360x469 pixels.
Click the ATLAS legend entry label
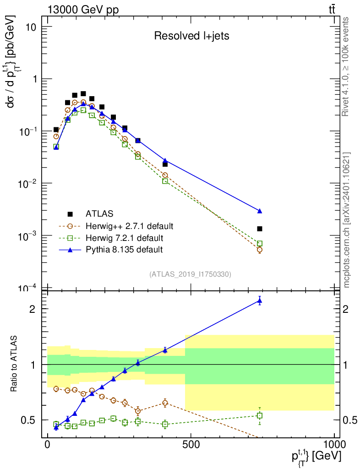[99, 214]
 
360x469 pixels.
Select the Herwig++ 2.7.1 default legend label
[130, 226]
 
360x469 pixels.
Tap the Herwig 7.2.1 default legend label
[125, 238]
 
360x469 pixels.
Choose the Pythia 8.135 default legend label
[124, 250]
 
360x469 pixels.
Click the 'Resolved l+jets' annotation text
[191, 36]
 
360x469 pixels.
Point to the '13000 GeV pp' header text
[83, 10]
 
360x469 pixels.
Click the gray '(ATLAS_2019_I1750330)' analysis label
[190, 274]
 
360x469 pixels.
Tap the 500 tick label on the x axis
[191, 444]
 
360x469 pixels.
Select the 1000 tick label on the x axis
[334, 444]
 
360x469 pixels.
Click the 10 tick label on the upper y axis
[31, 27]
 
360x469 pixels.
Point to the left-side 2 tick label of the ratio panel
[33, 309]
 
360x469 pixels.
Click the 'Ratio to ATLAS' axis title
[14, 364]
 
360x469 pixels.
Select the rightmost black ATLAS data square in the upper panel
[260, 229]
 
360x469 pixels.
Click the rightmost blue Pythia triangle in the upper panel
[260, 211]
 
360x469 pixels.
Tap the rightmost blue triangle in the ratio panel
[260, 300]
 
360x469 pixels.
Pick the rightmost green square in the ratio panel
[260, 415]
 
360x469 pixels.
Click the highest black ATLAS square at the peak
[83, 94]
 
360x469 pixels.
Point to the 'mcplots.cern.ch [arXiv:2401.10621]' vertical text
[346, 220]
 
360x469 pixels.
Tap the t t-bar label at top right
[332, 10]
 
